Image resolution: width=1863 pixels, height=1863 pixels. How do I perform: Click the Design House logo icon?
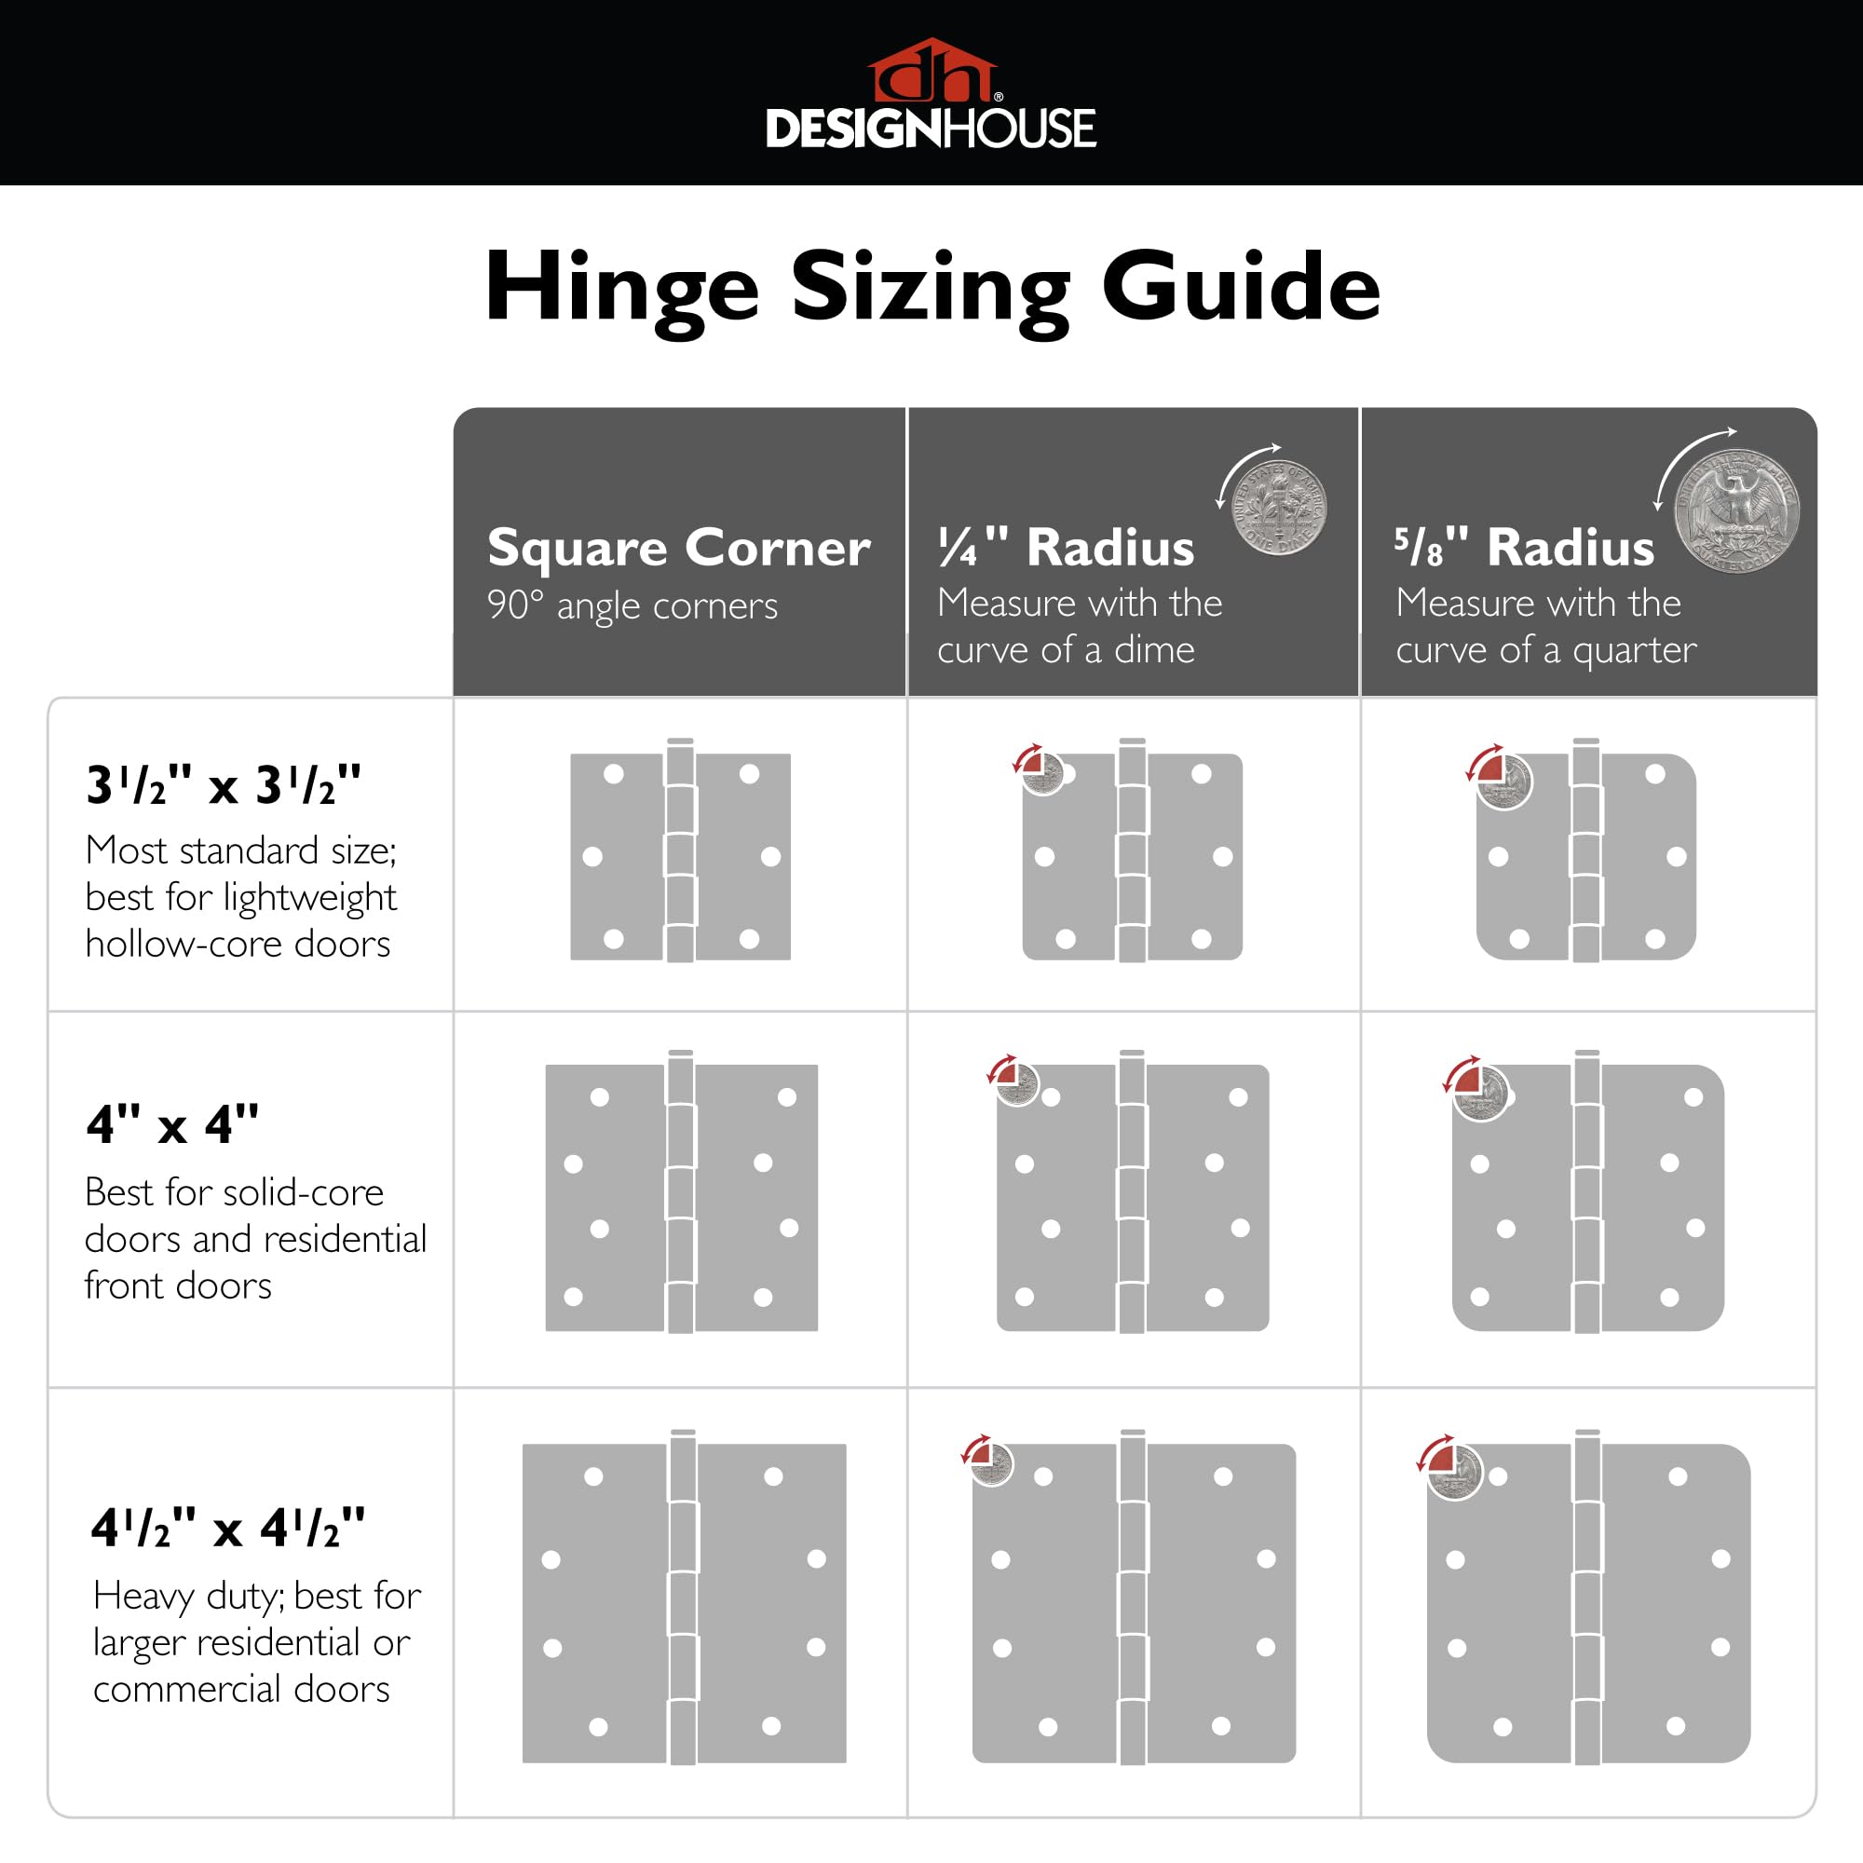pyautogui.click(x=931, y=72)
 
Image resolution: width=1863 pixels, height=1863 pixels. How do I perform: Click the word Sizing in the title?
pyautogui.click(x=931, y=287)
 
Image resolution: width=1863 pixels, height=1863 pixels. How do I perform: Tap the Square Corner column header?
pyautogui.click(x=679, y=547)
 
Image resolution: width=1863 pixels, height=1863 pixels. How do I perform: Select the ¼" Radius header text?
pyautogui.click(x=1067, y=547)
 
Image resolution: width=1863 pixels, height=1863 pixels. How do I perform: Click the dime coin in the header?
pyautogui.click(x=1281, y=508)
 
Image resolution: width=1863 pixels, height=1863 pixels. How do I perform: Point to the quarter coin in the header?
pyautogui.click(x=1735, y=512)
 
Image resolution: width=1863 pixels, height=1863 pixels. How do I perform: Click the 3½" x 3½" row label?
pyautogui.click(x=223, y=785)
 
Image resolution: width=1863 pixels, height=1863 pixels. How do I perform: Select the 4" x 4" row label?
pyautogui.click(x=172, y=1124)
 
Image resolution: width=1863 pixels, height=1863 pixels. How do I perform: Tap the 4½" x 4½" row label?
pyautogui.click(x=227, y=1528)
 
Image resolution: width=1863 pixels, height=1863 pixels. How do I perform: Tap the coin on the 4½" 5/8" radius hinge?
pyautogui.click(x=1455, y=1473)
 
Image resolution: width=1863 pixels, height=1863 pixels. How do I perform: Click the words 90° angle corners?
pyautogui.click(x=632, y=605)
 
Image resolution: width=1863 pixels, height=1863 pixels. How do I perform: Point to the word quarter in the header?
pyautogui.click(x=1634, y=650)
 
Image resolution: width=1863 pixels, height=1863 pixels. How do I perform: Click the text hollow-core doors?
pyautogui.click(x=238, y=944)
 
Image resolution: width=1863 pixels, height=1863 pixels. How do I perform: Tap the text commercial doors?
pyautogui.click(x=241, y=1689)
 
